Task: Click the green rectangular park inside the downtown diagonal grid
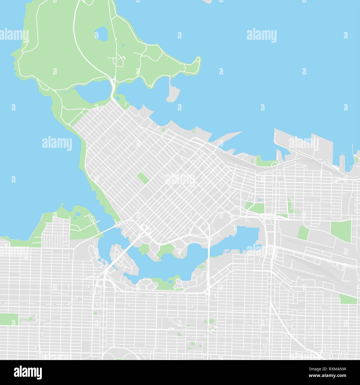pyautogui.click(x=143, y=178)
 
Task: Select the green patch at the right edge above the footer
pyautogui.click(x=348, y=299)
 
